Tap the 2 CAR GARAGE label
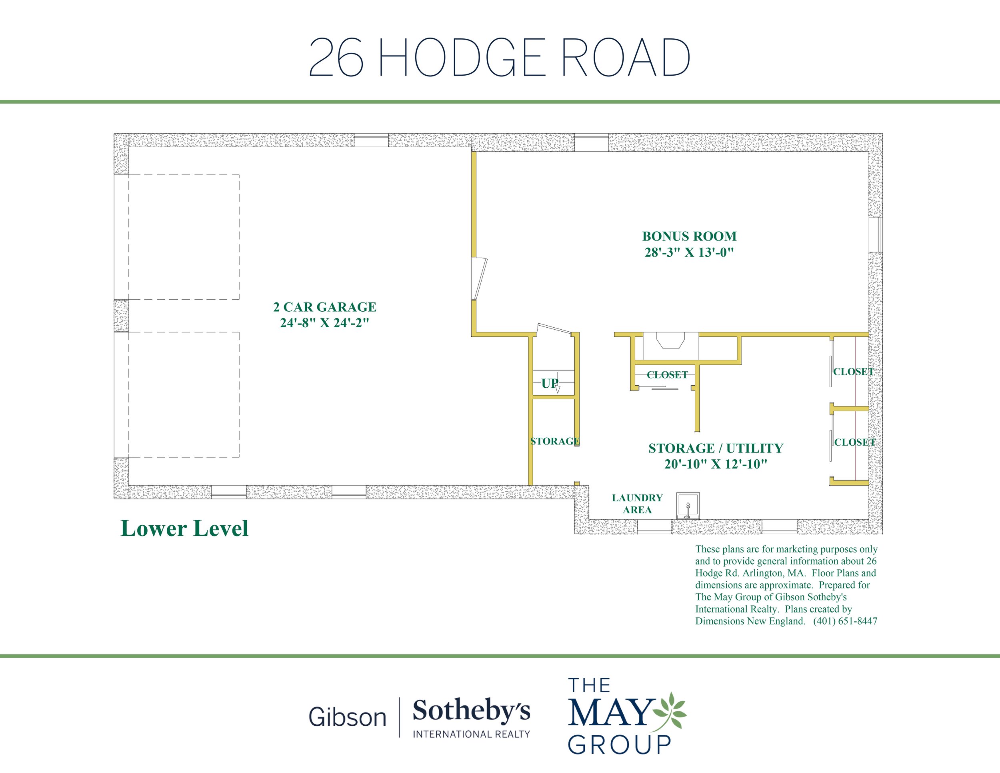(x=325, y=307)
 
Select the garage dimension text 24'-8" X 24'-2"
(x=325, y=323)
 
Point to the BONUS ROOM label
(x=689, y=236)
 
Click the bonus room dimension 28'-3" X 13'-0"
(x=689, y=252)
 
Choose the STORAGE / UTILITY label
(x=716, y=449)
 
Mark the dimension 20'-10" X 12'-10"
(x=716, y=465)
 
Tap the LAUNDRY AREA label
(x=637, y=504)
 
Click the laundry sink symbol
(x=688, y=506)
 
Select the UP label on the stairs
(x=550, y=383)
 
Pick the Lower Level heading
(x=184, y=529)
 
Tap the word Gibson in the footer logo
(x=348, y=717)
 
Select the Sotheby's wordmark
(x=472, y=711)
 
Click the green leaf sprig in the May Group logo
(x=670, y=711)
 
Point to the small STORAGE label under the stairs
(x=555, y=441)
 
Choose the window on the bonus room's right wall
(x=876, y=234)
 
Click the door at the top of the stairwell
(x=554, y=329)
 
